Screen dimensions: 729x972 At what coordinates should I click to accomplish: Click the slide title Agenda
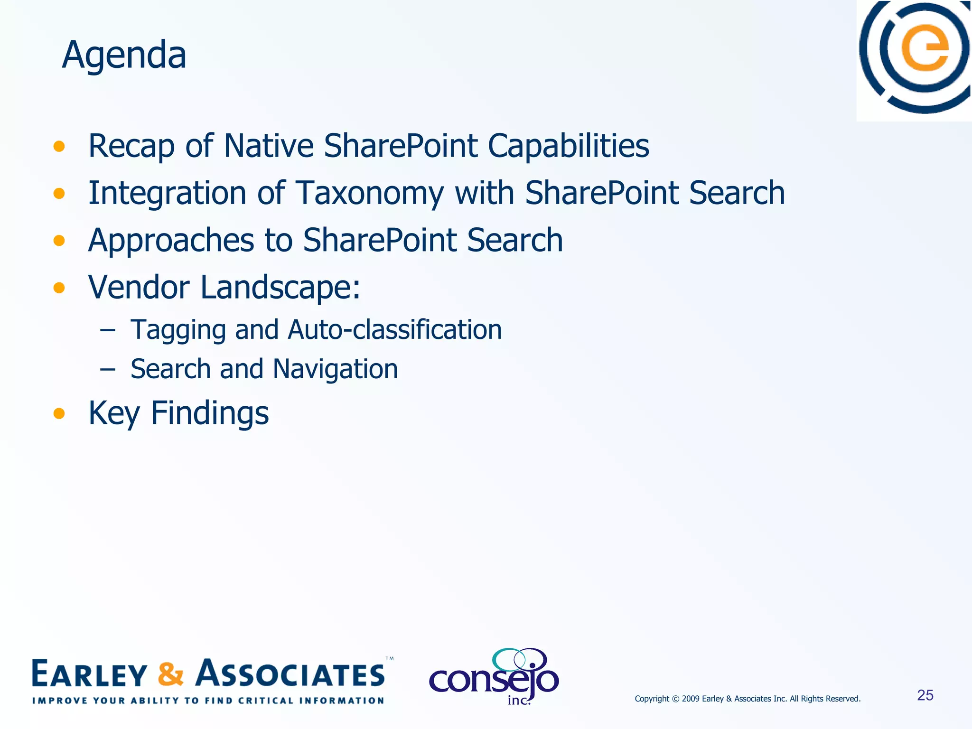(x=124, y=55)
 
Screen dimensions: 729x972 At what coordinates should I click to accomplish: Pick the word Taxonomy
(x=370, y=194)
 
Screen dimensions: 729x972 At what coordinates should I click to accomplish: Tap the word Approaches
(x=171, y=241)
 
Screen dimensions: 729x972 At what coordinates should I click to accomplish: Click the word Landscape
(x=280, y=288)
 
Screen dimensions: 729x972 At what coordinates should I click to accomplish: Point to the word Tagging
(x=178, y=330)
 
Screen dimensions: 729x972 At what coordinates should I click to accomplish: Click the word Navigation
(x=335, y=369)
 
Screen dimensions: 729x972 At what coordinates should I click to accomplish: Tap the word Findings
(x=209, y=413)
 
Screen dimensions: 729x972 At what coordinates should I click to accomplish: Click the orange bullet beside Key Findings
(x=59, y=413)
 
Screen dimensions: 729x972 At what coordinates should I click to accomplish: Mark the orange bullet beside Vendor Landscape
(x=59, y=288)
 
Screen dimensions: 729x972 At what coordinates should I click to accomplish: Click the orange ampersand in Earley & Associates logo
(x=170, y=674)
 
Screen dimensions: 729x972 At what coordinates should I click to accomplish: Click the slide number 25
(x=925, y=695)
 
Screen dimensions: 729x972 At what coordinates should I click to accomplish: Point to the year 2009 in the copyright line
(x=691, y=699)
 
